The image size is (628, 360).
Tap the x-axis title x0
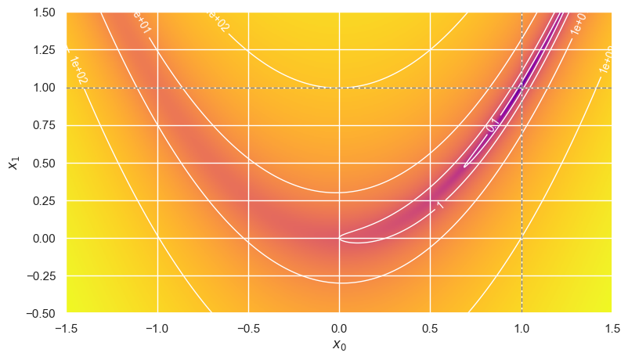(339, 345)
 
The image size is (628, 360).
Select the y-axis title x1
(13, 163)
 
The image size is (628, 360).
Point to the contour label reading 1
(440, 204)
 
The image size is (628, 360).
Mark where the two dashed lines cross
(522, 88)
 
